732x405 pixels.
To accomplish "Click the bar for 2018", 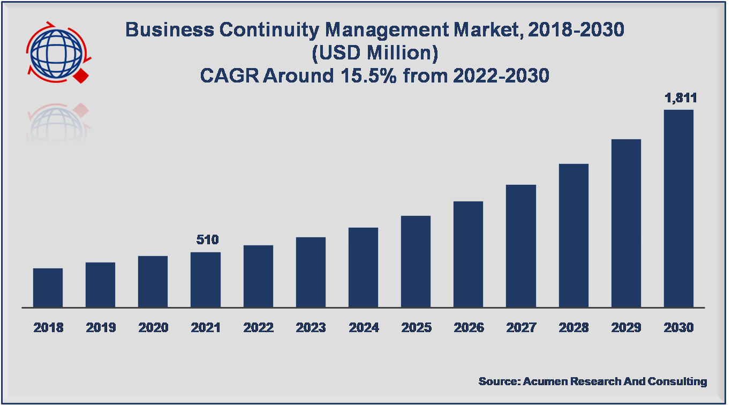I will pyautogui.click(x=48, y=288).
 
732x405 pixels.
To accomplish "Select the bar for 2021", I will pyautogui.click(x=206, y=280).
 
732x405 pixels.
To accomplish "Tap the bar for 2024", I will pyautogui.click(x=363, y=267).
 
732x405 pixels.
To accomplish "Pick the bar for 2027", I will pyautogui.click(x=521, y=246).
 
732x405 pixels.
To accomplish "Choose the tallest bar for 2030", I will pyautogui.click(x=678, y=208).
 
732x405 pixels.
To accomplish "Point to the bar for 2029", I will pyautogui.click(x=626, y=223).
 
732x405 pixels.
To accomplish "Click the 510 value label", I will pyautogui.click(x=208, y=239).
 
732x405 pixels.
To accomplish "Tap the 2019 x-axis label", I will pyautogui.click(x=101, y=327).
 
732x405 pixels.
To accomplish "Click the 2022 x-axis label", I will pyautogui.click(x=258, y=327).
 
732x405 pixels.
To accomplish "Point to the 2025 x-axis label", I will pyautogui.click(x=416, y=327).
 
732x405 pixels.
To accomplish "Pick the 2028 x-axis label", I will pyautogui.click(x=573, y=327).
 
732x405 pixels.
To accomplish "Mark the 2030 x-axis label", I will pyautogui.click(x=678, y=327).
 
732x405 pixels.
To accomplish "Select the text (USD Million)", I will pyautogui.click(x=374, y=53).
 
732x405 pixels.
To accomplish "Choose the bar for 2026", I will pyautogui.click(x=469, y=254).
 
